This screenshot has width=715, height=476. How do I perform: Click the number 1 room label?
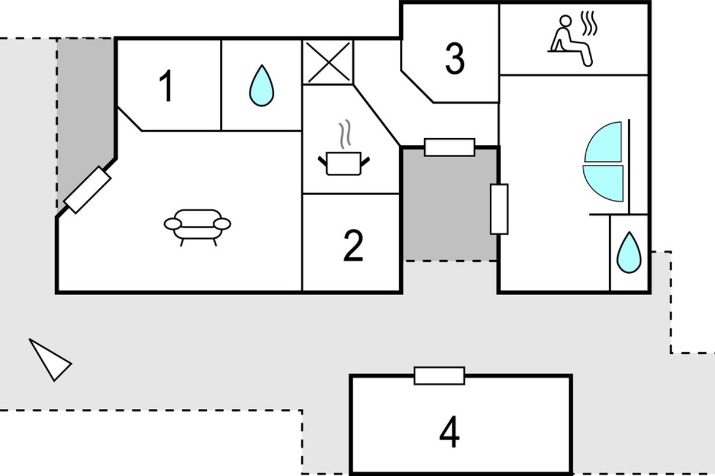(166, 86)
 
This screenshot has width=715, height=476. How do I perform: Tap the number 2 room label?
(353, 246)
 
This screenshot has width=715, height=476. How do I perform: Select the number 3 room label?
(455, 59)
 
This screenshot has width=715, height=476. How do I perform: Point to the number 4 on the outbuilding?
(449, 432)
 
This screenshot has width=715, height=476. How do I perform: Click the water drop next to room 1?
(262, 86)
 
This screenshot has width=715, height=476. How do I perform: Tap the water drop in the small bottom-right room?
(629, 252)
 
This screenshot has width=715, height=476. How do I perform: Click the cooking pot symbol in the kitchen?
(344, 163)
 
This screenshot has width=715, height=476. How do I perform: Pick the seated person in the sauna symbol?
(570, 41)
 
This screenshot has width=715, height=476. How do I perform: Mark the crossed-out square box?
(328, 62)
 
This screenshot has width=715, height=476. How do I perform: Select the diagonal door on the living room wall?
(88, 190)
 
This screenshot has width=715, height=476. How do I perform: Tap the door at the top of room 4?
(439, 376)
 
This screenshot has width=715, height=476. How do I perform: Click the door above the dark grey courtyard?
(449, 148)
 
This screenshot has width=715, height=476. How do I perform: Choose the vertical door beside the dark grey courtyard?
(499, 209)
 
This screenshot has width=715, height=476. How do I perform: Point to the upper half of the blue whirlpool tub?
(603, 142)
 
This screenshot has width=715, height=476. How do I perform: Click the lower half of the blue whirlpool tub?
(603, 183)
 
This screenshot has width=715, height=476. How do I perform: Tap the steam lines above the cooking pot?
(345, 134)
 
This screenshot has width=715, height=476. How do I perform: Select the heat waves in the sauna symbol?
(589, 23)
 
